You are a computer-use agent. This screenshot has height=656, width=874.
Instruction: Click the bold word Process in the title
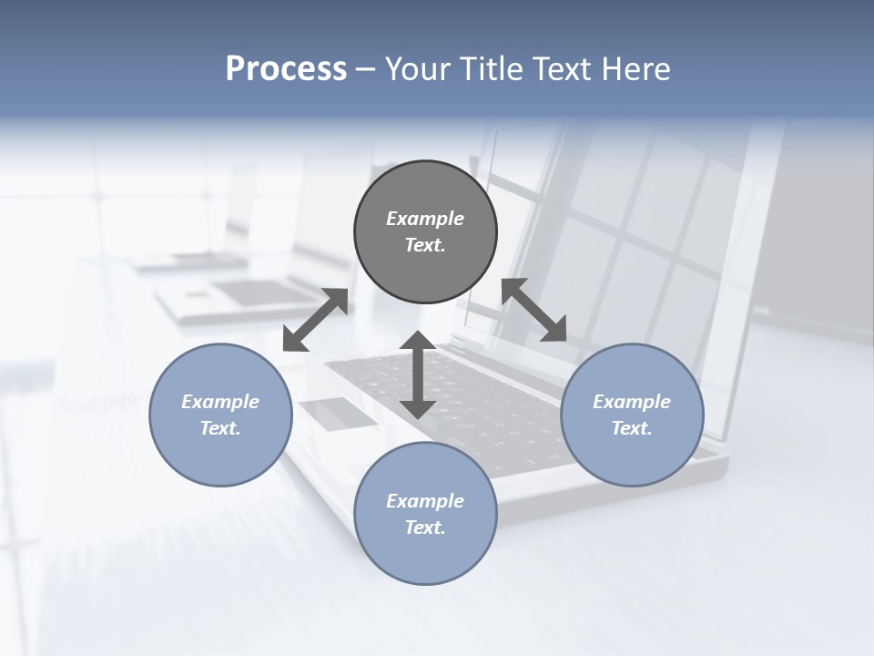coord(286,69)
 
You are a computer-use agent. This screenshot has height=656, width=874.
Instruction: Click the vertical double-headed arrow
coord(418,374)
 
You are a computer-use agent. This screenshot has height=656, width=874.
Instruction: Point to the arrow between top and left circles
coord(315,320)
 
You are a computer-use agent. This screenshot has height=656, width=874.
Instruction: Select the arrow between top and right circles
coord(534,310)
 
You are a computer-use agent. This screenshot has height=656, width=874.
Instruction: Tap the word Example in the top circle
coord(425,219)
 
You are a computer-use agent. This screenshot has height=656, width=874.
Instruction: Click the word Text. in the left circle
coord(220,428)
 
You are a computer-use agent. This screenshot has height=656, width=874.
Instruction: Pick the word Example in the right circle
coord(632,402)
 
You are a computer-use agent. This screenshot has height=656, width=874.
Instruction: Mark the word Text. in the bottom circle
coord(425,528)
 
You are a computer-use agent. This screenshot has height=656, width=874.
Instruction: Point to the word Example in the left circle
coord(220,402)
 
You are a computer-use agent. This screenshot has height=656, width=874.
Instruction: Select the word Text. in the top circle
coord(425,245)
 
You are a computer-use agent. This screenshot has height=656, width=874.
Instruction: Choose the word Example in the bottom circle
coord(425,501)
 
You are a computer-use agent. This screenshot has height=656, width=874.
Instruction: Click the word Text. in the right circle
coord(632,428)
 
